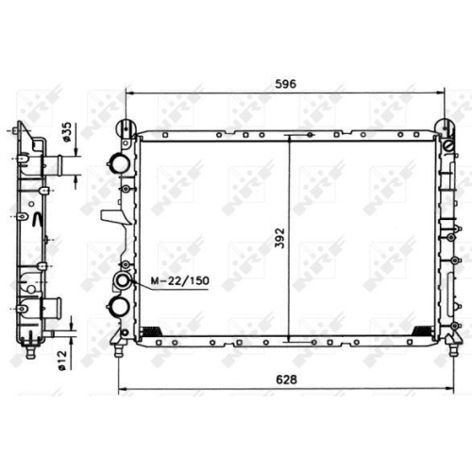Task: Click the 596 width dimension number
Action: click(x=286, y=84)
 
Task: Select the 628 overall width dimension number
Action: click(x=286, y=379)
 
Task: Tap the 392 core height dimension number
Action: click(x=279, y=238)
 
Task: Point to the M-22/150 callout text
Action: click(x=180, y=280)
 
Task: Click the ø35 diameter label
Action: click(x=67, y=131)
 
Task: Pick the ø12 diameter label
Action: click(x=62, y=360)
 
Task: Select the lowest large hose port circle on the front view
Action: click(x=119, y=306)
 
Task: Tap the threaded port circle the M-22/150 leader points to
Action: click(x=123, y=279)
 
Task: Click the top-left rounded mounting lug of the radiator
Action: click(x=126, y=128)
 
